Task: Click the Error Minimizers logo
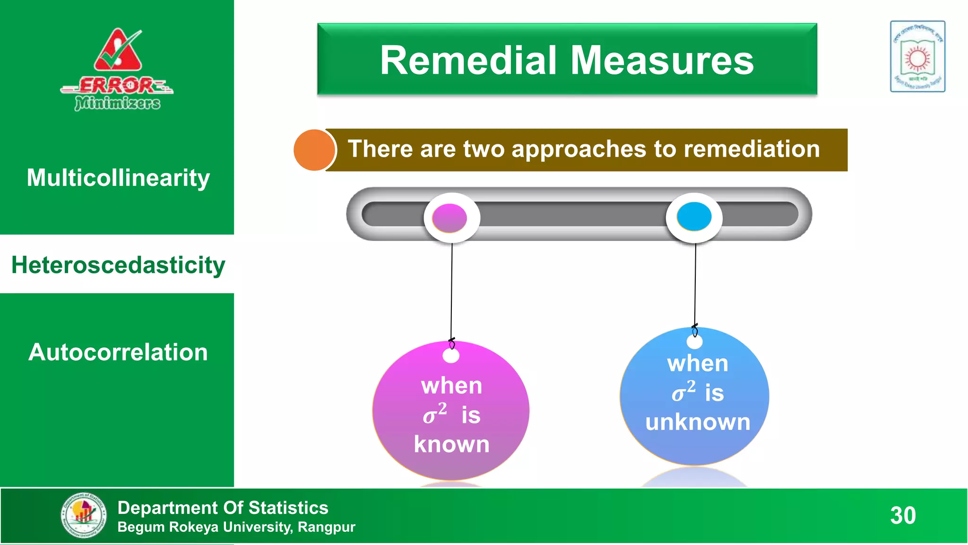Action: point(117,70)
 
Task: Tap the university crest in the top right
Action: point(917,56)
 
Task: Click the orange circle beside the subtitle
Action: point(314,150)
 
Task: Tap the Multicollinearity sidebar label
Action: point(118,178)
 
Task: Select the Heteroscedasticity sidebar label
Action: point(118,265)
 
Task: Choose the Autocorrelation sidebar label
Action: point(118,352)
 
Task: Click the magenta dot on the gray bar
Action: point(450,218)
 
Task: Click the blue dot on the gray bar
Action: point(694,217)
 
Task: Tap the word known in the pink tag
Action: point(451,444)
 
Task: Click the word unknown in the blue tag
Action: point(698,422)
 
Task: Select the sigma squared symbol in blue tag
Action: point(683,392)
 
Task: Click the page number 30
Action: point(903,515)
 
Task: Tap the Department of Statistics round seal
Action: point(84,515)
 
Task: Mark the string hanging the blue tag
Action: point(695,284)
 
